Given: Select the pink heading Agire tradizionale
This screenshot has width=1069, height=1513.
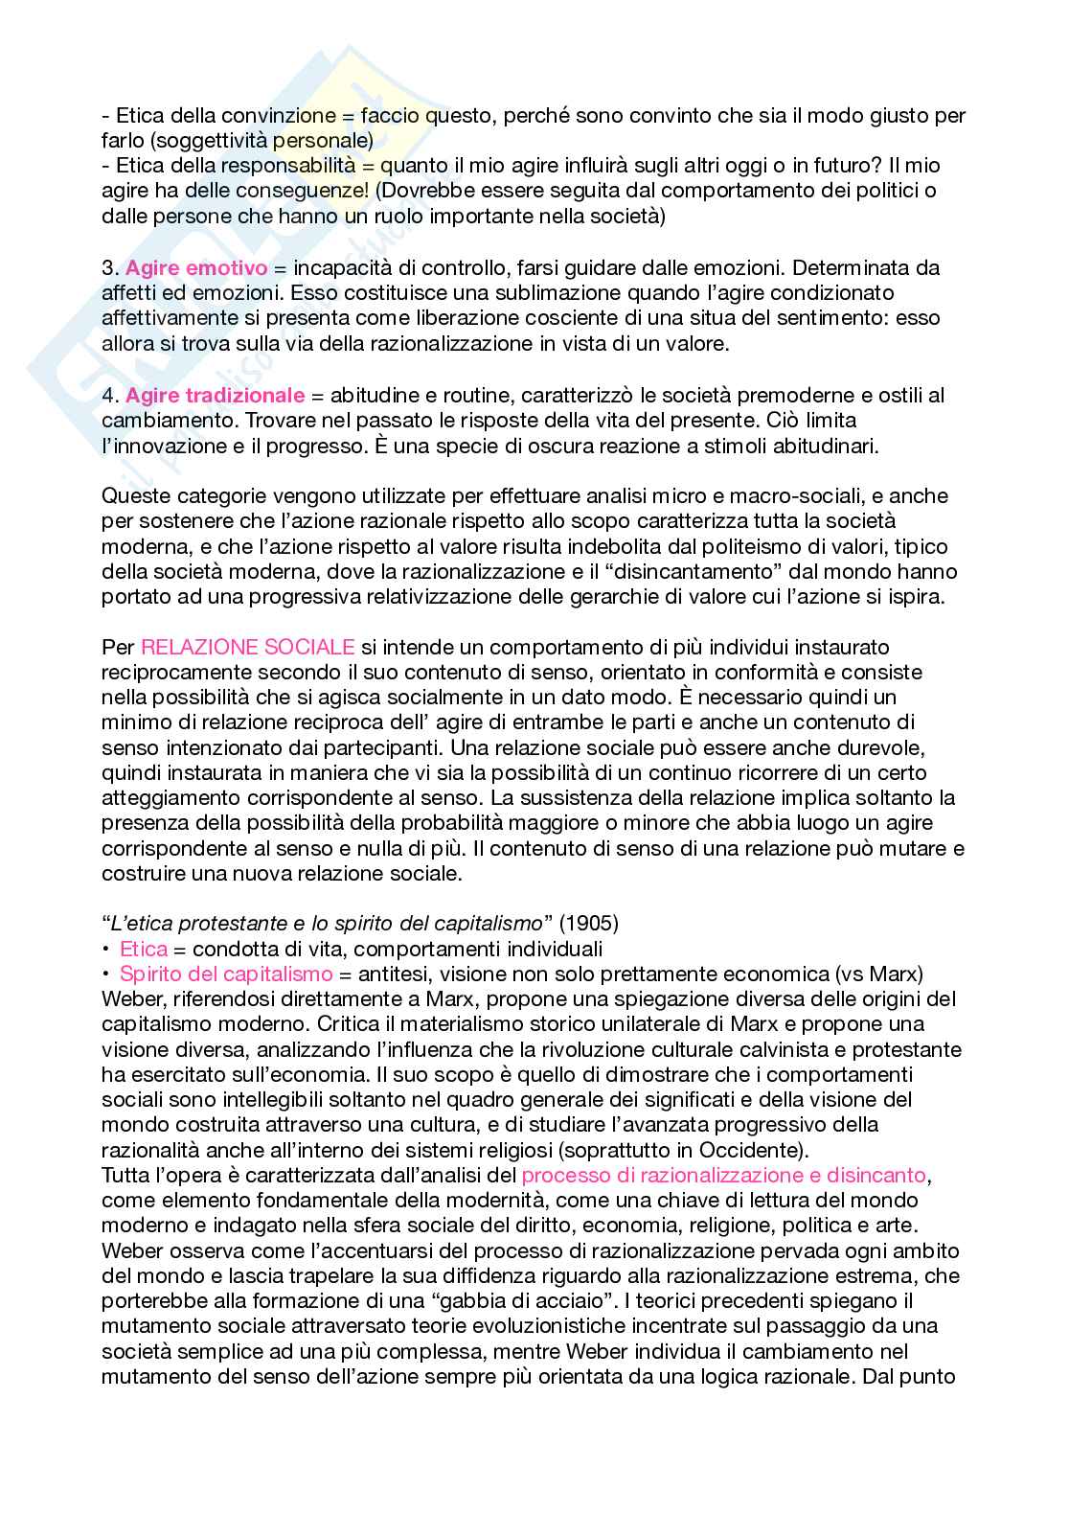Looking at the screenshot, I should pyautogui.click(x=215, y=395).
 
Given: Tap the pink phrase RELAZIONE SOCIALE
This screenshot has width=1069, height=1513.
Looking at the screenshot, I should pyautogui.click(x=247, y=647).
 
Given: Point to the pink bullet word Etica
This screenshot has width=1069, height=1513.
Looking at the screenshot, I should pyautogui.click(x=144, y=949).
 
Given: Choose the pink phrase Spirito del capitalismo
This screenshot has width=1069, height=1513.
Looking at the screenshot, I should pyautogui.click(x=226, y=974).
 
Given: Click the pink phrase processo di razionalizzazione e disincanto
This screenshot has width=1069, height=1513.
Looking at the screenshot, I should pyautogui.click(x=725, y=1175).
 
